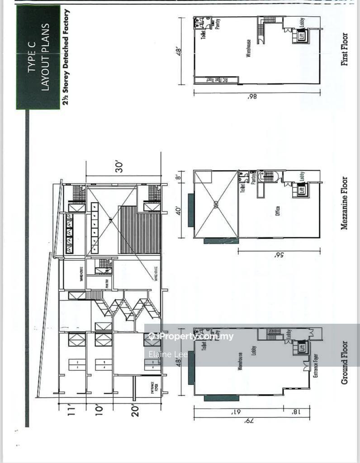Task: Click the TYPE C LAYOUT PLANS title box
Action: (38, 57)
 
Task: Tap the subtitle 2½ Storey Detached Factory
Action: (66, 58)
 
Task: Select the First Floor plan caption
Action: (345, 49)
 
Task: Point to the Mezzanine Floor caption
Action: (345, 203)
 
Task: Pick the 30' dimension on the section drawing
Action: (120, 167)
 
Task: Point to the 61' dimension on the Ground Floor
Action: (235, 412)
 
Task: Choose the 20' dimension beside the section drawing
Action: (135, 411)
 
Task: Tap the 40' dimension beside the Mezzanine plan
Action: (179, 210)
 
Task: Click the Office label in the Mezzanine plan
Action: (277, 211)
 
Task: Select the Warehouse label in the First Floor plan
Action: (248, 48)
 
